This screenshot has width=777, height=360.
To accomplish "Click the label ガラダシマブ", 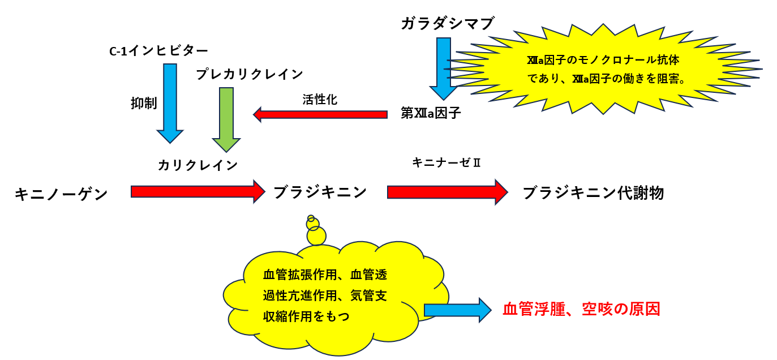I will coord(447,24).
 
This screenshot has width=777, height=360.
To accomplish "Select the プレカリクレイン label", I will coord(250,74).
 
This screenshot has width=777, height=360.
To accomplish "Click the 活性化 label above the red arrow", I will coord(320,100).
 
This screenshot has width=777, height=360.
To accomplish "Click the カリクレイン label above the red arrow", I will coord(198,165).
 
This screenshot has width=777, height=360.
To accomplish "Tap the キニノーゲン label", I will coord(61,195).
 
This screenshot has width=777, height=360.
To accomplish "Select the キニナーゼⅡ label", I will coord(447,163).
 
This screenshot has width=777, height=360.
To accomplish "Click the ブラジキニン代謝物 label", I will coord(593,193).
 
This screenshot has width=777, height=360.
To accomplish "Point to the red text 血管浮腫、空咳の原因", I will coord(581,309).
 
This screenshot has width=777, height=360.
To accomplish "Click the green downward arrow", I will coord(226,119).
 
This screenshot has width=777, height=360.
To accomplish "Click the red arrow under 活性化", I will coord(320,115).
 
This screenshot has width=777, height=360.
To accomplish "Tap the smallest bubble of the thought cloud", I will coord(310,218).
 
